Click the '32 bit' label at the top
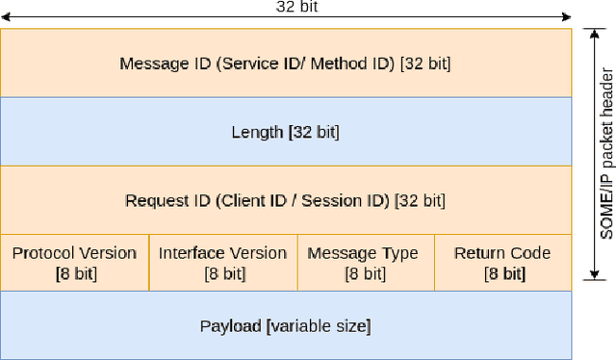296,6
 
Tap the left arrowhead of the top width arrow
5,16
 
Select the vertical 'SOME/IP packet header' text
605,154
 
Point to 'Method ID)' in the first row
355,64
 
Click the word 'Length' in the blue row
257,132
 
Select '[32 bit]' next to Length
314,132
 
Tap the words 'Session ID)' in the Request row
345,201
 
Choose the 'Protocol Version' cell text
74,253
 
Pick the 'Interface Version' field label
222,253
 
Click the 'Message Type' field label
363,253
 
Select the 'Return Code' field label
502,253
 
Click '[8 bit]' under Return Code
504,273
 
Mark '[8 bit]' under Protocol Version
76,273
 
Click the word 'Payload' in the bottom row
230,325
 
